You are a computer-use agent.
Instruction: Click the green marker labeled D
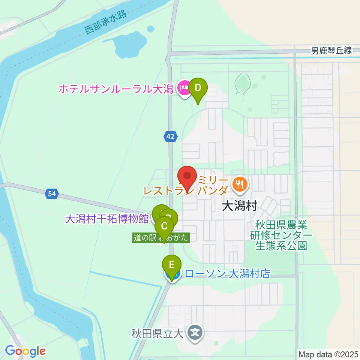pos(198,88)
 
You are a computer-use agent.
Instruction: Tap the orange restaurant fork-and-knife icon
pos(240,184)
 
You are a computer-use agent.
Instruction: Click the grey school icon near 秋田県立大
pos(196,332)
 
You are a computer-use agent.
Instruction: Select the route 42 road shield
pos(170,137)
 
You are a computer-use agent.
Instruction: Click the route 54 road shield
pos(52,193)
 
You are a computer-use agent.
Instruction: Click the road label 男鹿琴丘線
pos(331,51)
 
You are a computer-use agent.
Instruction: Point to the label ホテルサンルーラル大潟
pos(116,89)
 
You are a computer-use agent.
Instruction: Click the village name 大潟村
pos(239,206)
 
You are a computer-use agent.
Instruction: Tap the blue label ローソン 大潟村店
pos(228,274)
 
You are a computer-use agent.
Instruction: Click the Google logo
pos(25,351)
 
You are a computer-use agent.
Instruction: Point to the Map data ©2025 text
pos(328,354)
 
